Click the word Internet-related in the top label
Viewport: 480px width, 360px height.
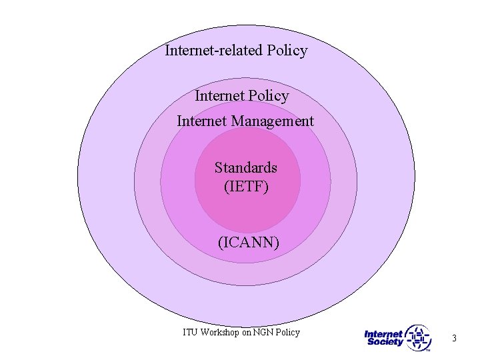213,51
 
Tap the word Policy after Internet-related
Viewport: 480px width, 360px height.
287,51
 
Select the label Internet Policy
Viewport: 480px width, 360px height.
242,96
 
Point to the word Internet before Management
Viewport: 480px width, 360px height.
202,121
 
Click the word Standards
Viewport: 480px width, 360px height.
245,167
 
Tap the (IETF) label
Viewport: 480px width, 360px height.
247,187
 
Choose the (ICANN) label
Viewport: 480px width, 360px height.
249,243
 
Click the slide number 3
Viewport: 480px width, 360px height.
454,339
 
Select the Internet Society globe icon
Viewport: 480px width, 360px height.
419,337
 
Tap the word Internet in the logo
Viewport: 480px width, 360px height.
383,334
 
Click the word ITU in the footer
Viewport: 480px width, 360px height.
190,332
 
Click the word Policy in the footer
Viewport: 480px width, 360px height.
287,332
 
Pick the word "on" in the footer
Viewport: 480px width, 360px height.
247,333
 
